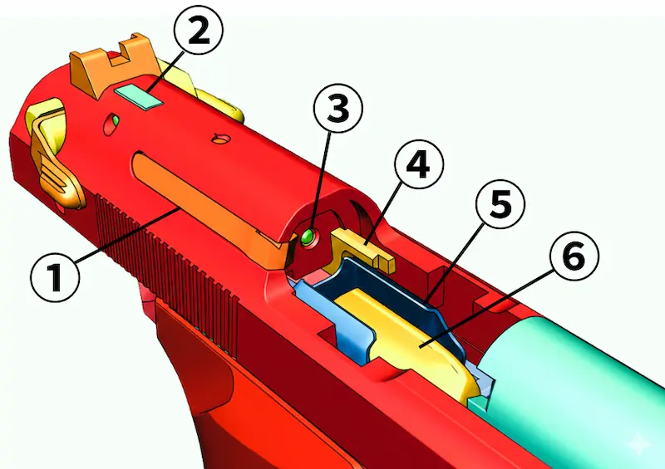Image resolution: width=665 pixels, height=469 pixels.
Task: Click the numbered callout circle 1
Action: point(55,276)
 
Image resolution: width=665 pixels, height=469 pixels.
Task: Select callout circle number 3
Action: point(338,108)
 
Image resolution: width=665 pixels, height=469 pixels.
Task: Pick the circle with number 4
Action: point(419,164)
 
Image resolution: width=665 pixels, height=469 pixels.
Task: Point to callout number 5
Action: point(500,204)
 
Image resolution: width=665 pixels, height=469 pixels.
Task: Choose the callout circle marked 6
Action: point(574,256)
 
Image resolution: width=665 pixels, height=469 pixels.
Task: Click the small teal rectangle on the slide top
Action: point(139,96)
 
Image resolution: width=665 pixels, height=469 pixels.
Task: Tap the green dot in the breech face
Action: point(306,236)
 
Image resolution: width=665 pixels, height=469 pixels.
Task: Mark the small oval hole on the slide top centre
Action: point(221,138)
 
